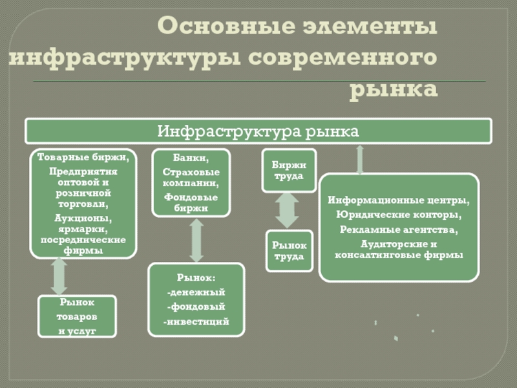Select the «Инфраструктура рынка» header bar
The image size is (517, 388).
pos(258,131)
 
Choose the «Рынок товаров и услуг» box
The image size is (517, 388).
pos(77,316)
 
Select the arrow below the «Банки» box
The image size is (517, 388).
pos(196,240)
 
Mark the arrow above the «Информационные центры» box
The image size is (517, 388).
pos(360,158)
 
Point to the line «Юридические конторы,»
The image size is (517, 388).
pos(399,215)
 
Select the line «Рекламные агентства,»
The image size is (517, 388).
pos(399,230)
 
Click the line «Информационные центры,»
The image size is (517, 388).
pos(399,200)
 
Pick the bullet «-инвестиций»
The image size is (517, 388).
pos(196,321)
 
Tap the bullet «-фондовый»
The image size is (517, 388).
pos(196,307)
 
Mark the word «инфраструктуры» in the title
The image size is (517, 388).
pos(122,58)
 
